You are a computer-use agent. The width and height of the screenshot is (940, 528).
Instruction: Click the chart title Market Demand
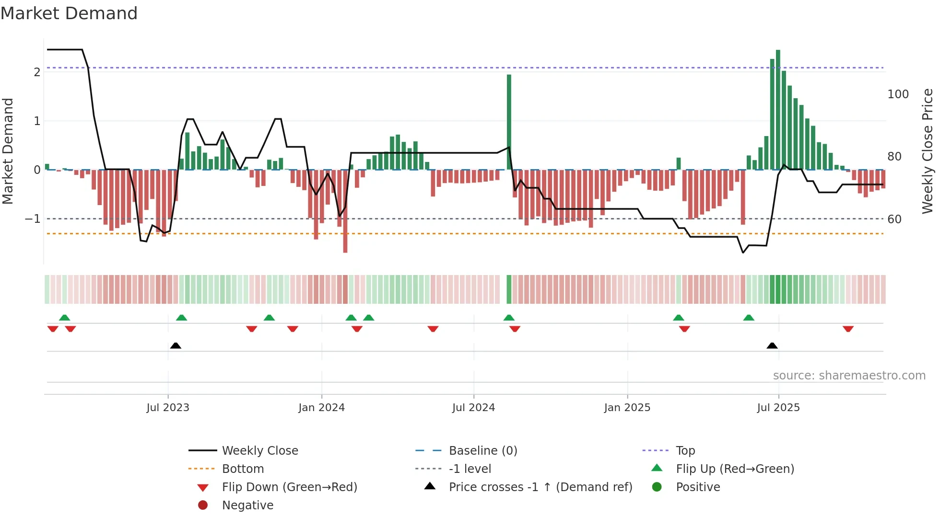[69, 13]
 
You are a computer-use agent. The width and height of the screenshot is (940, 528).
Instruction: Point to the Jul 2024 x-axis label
[473, 408]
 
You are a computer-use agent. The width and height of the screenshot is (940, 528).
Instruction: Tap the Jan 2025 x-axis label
[627, 408]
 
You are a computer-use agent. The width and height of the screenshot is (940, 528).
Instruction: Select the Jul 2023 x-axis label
[168, 408]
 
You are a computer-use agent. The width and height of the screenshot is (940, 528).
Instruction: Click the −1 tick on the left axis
[33, 219]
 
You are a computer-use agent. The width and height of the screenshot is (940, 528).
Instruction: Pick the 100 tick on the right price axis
[898, 94]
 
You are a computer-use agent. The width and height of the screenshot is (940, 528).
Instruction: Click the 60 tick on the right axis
[894, 219]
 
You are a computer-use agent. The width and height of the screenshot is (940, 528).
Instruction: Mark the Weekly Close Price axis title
[928, 151]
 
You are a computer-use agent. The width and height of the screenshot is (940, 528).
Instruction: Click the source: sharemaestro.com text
[849, 376]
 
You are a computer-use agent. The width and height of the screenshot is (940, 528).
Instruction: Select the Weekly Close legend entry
[259, 451]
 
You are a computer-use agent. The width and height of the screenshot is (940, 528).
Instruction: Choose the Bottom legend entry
[243, 469]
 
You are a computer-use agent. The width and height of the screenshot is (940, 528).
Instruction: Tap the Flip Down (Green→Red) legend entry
[289, 487]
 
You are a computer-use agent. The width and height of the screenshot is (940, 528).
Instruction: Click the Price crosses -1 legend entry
[540, 487]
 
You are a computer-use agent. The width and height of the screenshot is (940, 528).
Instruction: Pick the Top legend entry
[685, 451]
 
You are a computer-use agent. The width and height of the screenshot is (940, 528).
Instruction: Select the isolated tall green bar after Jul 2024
[509, 122]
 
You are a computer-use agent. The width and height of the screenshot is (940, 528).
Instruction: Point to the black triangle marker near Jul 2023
[176, 346]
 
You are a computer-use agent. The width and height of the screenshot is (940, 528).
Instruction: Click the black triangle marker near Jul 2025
[772, 346]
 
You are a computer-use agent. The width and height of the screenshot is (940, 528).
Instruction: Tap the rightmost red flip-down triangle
[848, 329]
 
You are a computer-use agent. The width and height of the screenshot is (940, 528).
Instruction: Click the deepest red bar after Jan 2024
[345, 211]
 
